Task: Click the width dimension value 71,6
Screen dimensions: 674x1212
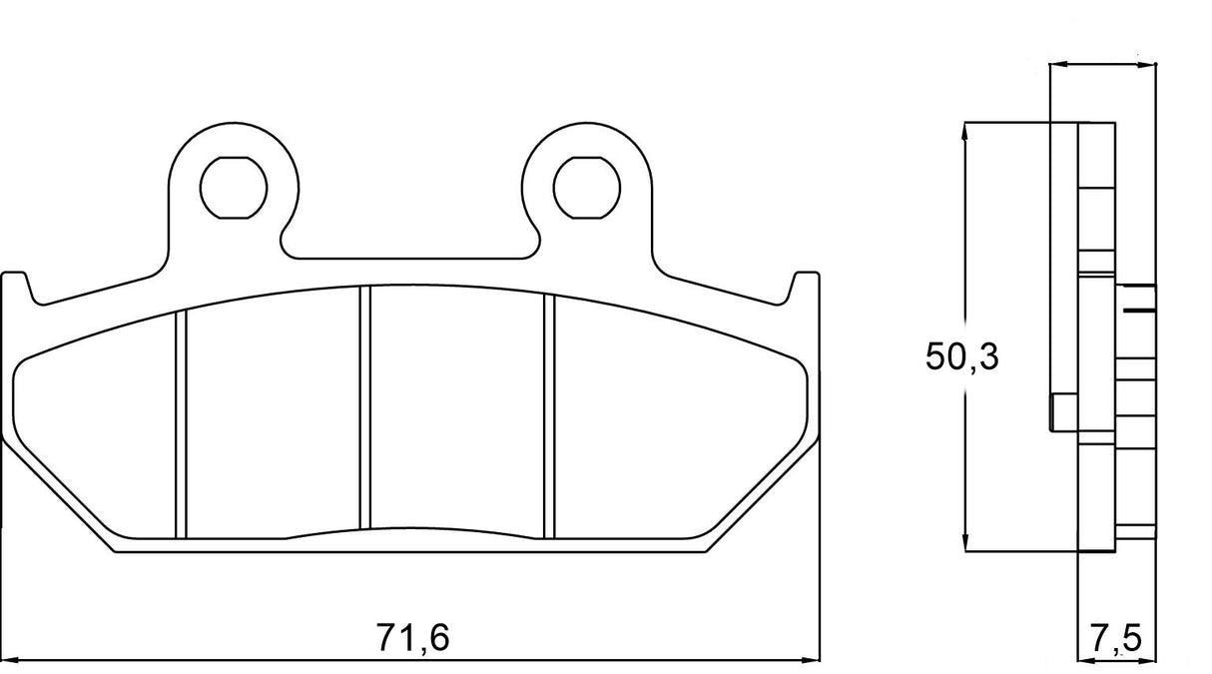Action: click(413, 636)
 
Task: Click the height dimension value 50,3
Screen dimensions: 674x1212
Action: click(962, 356)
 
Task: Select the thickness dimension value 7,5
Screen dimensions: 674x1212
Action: click(1116, 637)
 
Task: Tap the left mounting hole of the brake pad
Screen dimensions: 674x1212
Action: click(234, 186)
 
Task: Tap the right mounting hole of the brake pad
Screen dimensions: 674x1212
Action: click(586, 186)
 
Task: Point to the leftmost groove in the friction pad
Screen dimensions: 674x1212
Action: click(181, 425)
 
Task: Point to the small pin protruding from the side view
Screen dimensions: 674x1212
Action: click(1061, 412)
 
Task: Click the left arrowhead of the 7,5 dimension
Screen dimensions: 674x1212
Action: click(1085, 660)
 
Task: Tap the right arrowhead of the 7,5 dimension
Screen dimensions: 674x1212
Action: click(1150, 660)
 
